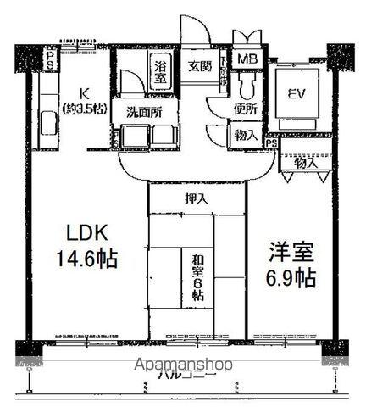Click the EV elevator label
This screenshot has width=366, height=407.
click(297, 93)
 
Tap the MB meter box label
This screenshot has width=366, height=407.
click(247, 59)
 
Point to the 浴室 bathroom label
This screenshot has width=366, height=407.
click(159, 72)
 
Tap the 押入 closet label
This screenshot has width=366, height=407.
click(196, 198)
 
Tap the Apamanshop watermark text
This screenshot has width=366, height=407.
click(184, 365)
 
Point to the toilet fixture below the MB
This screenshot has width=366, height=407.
click(247, 85)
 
